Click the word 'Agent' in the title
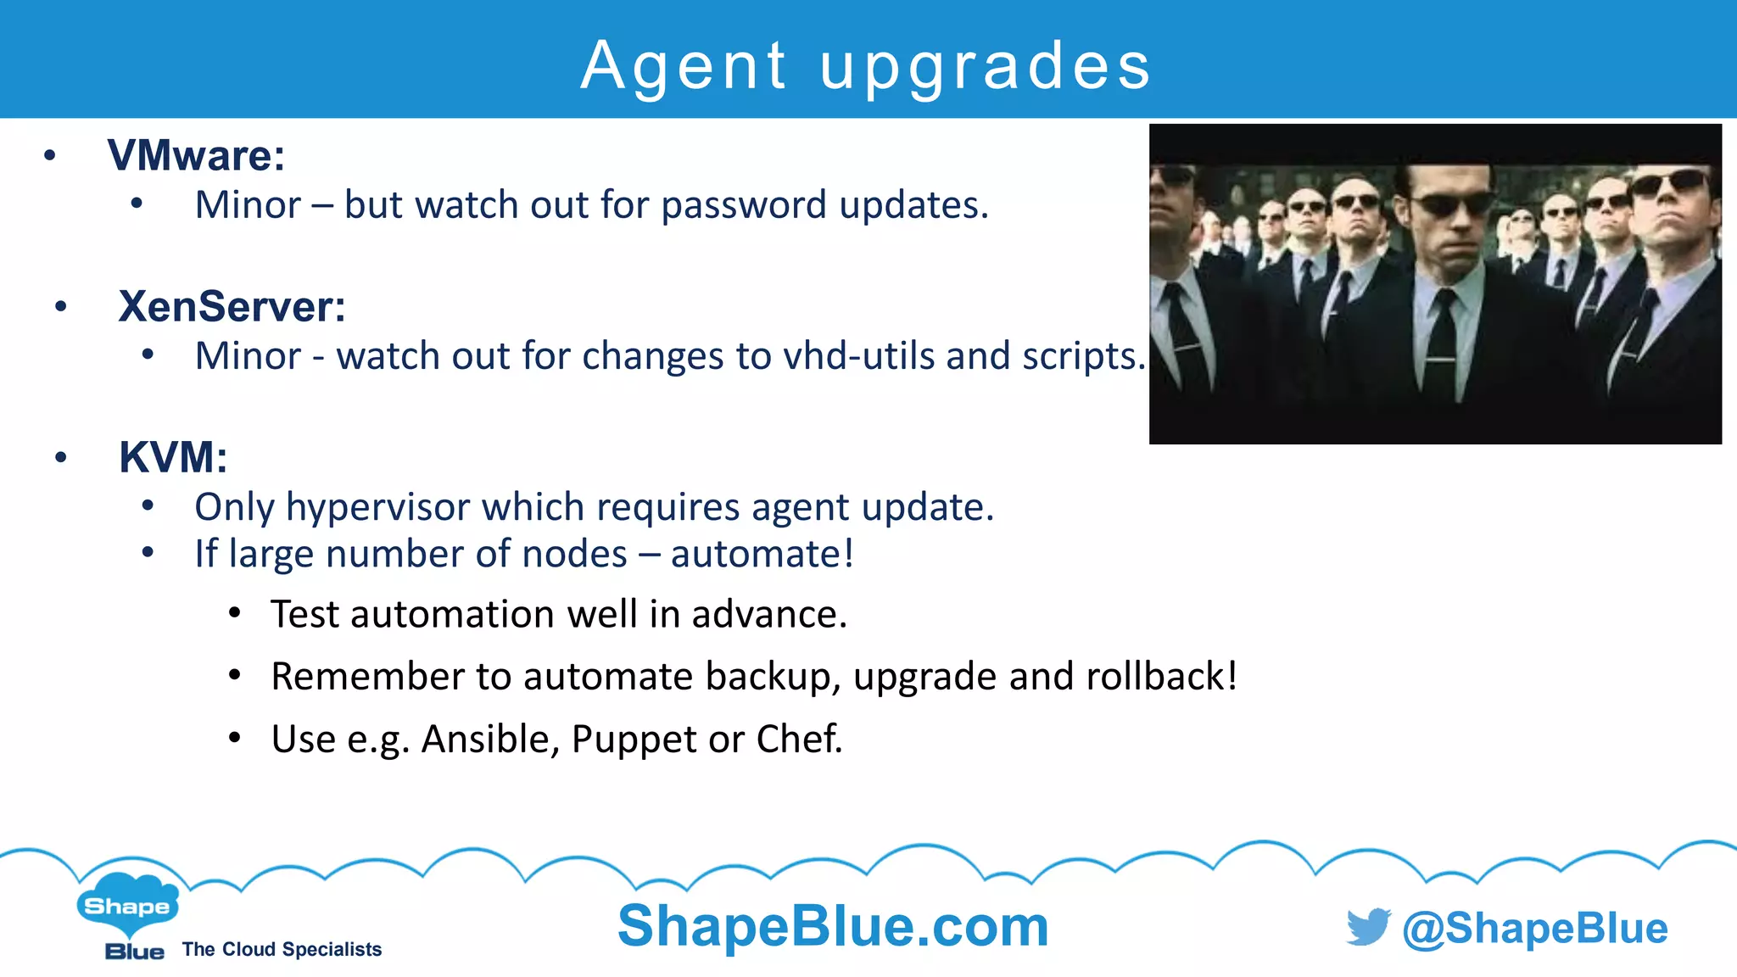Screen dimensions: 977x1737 tap(684, 66)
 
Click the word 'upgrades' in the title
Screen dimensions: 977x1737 tap(986, 68)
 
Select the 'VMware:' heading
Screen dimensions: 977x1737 tap(196, 155)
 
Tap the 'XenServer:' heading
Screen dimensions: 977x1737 tap(232, 306)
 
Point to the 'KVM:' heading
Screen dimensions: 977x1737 tap(173, 457)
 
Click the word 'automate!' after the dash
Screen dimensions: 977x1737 tap(762, 554)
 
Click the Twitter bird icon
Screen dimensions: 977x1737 tap(1367, 927)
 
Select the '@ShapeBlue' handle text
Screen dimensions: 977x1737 tap(1534, 929)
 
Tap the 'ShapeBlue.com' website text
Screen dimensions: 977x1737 tap(833, 926)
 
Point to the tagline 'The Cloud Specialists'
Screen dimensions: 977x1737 tap(282, 949)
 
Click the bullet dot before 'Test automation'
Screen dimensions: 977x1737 tap(235, 613)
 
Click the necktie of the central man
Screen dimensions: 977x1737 tap(1440, 348)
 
